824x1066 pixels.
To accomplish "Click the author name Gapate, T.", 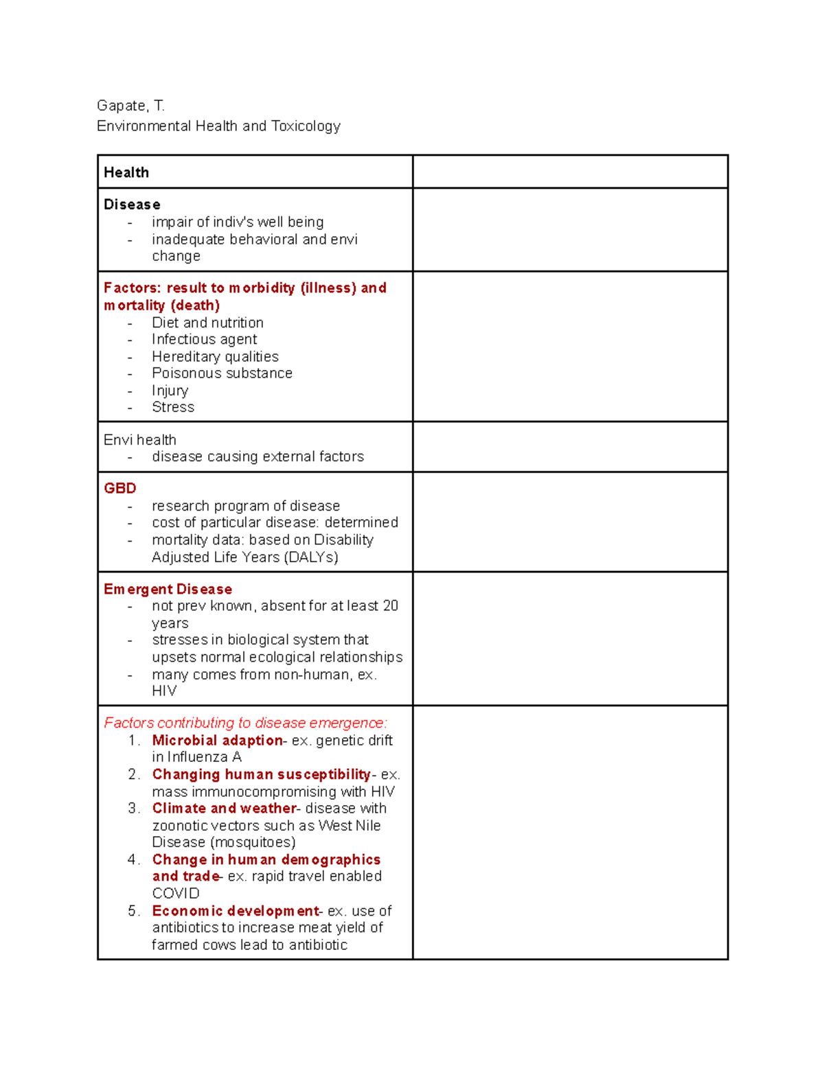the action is coord(130,106).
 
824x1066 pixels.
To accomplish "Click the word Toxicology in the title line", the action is coord(306,126).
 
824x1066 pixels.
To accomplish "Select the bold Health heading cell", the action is coord(126,172).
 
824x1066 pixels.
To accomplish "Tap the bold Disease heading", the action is coord(132,205).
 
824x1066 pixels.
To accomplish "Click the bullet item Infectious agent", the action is coord(204,340).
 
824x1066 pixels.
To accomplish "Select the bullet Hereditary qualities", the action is coord(215,357).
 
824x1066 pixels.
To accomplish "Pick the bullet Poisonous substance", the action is coord(222,373).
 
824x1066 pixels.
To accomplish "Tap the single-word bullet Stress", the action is coord(173,408).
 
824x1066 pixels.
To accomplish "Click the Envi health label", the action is coord(140,440).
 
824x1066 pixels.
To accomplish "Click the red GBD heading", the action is coord(120,489).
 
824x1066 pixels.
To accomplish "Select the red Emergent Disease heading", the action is coord(168,590).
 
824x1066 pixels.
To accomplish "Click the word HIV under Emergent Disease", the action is coord(164,691).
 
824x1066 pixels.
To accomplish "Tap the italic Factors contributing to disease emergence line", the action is coord(245,723).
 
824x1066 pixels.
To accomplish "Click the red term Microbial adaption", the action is coord(217,741).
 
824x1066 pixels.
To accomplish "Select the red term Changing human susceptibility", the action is coord(261,775).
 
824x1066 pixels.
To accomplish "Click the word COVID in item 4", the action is coord(176,894).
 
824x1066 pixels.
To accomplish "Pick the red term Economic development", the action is coord(236,911).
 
